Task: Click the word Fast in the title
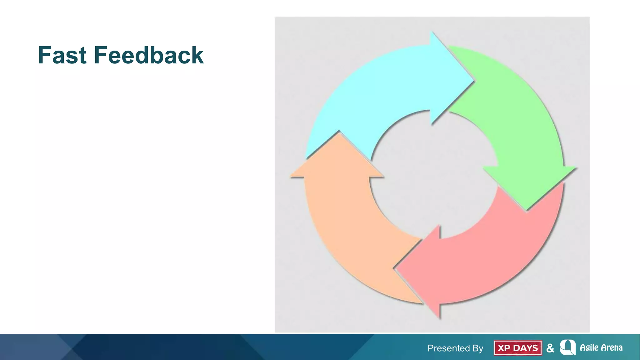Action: tap(62, 55)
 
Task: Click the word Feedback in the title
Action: tap(149, 55)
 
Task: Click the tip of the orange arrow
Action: tap(339, 132)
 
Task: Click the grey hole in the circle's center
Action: tap(434, 175)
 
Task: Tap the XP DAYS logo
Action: tap(518, 348)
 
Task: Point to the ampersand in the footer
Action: tap(550, 348)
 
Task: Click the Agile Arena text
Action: tap(601, 347)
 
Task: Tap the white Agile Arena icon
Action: tap(567, 347)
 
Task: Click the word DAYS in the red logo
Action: tap(526, 348)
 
